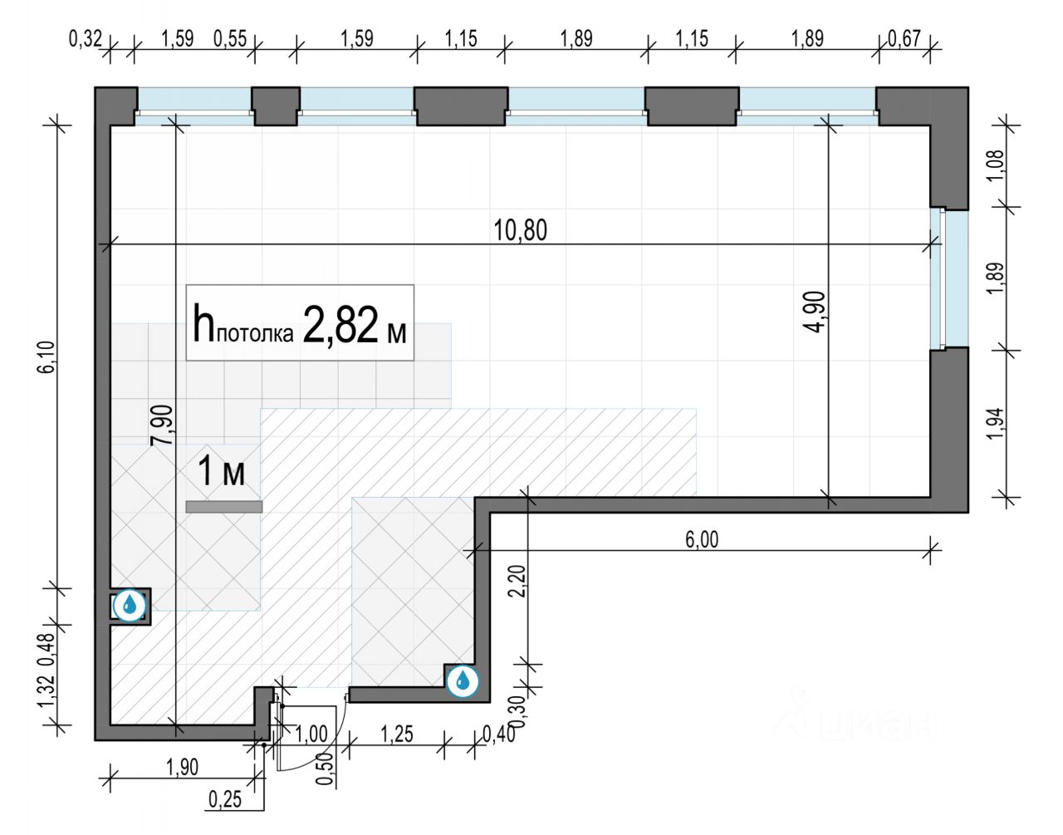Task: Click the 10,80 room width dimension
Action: click(x=521, y=229)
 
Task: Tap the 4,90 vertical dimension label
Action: click(x=815, y=312)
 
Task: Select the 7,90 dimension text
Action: click(x=162, y=425)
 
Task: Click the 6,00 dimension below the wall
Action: click(x=702, y=539)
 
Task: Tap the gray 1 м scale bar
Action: click(x=224, y=506)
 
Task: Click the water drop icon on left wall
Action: click(x=130, y=605)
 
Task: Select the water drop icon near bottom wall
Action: click(x=463, y=682)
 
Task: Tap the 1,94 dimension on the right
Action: click(x=997, y=424)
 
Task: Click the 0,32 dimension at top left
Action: click(x=85, y=38)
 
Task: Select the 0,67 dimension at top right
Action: click(x=904, y=38)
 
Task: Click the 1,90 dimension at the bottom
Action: click(x=182, y=766)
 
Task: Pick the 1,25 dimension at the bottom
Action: click(x=397, y=734)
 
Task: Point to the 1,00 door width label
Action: click(x=311, y=734)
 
